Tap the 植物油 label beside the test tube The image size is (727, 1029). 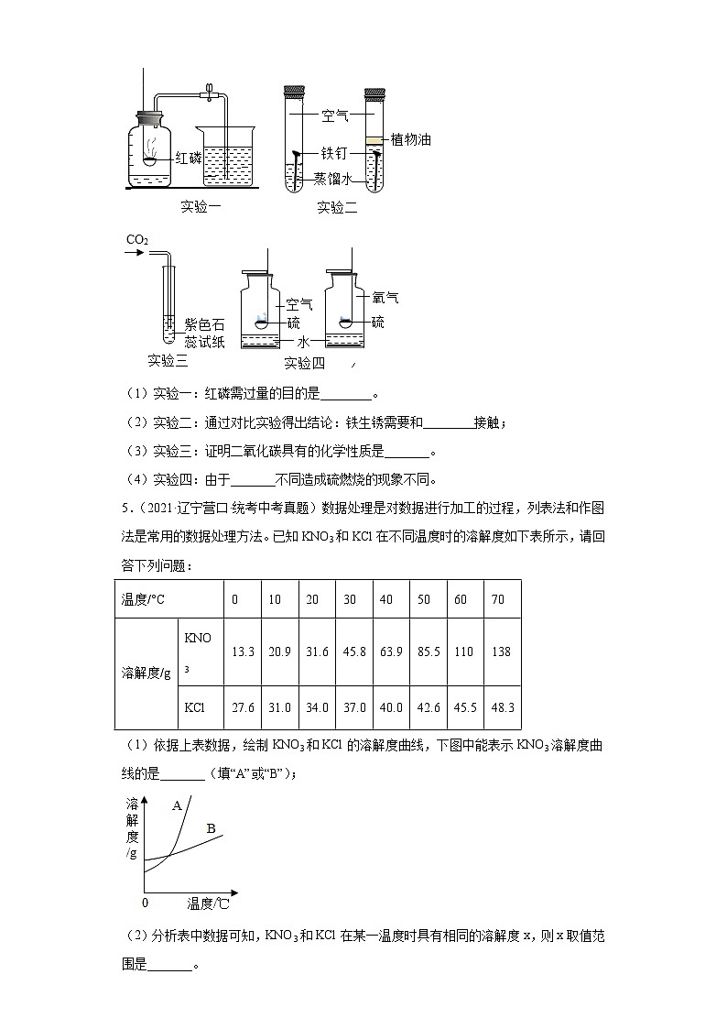(x=410, y=139)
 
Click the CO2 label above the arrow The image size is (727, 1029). (x=137, y=240)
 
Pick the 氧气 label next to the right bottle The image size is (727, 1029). (x=385, y=298)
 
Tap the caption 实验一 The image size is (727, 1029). (x=201, y=206)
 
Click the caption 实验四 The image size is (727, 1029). (x=304, y=362)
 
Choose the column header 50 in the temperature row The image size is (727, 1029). (x=424, y=599)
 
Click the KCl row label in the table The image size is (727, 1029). (x=194, y=707)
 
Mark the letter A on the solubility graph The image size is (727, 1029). (x=178, y=805)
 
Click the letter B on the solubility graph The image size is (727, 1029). (x=211, y=829)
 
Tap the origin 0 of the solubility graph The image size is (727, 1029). (x=145, y=903)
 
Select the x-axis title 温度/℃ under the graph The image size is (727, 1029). (x=208, y=903)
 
